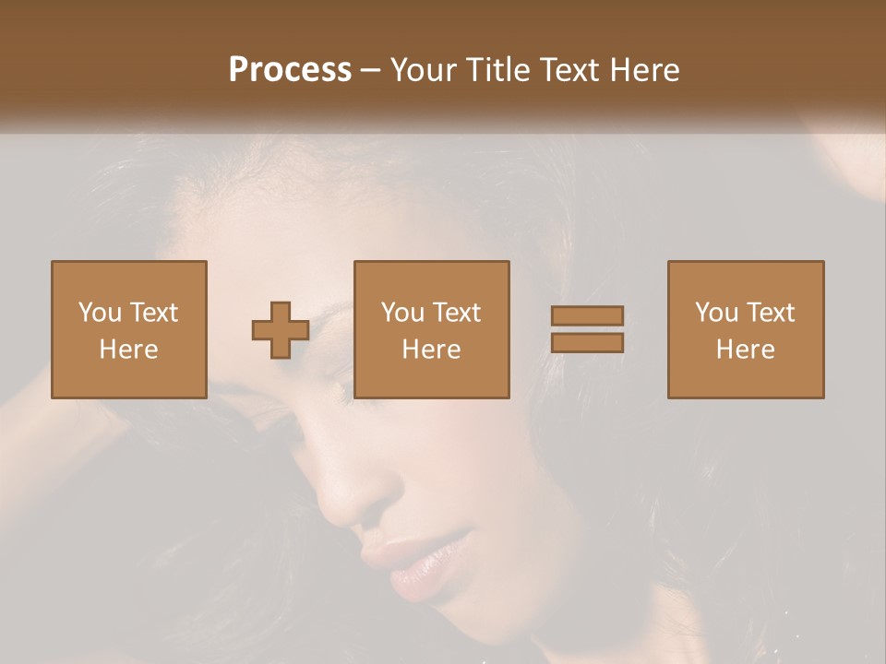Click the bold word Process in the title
(290, 69)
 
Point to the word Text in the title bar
(576, 69)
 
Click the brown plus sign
(281, 330)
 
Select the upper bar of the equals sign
(587, 315)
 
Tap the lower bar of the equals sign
(587, 343)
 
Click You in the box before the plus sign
(99, 313)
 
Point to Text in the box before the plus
(153, 313)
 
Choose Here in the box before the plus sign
(128, 350)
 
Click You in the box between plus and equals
(402, 313)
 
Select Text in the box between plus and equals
(456, 313)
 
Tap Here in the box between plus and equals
(432, 350)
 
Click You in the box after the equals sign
(716, 313)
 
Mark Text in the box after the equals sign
(770, 313)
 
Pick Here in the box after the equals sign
(746, 350)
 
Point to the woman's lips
(420, 567)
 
